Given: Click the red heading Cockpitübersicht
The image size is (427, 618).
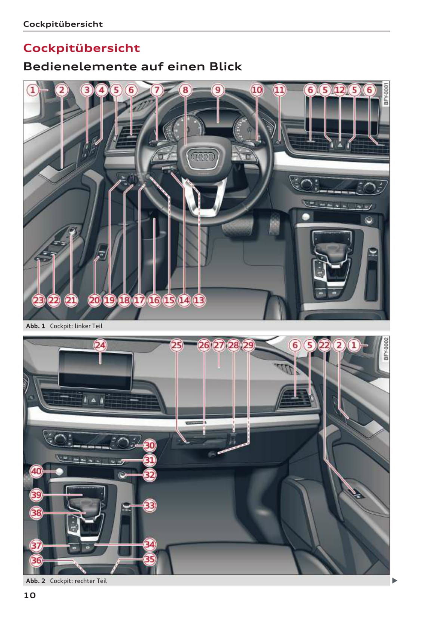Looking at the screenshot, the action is (x=82, y=48).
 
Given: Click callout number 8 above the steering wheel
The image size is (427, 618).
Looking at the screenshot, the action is (x=185, y=90).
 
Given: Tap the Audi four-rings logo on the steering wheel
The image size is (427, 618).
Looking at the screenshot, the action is (x=203, y=157).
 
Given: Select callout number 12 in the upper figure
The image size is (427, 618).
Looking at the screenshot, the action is (x=340, y=90).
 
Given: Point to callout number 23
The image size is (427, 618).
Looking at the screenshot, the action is (x=39, y=300).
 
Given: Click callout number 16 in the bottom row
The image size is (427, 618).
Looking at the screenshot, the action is (x=154, y=300).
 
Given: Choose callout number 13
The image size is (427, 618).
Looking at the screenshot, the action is (x=199, y=300).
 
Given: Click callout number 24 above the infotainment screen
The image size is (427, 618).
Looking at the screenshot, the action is (x=100, y=345).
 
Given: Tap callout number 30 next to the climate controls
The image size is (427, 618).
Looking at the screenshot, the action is (x=150, y=445).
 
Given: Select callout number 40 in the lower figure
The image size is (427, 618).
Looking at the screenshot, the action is (x=36, y=471).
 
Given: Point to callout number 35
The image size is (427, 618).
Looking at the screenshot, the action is (x=150, y=559).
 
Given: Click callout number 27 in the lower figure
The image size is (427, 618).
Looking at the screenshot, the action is (x=219, y=345).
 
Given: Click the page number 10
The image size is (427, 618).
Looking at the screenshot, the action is (x=30, y=595).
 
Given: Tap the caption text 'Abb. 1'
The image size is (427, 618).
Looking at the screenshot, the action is (x=35, y=326).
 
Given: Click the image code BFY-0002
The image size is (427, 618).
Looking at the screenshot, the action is (x=386, y=349).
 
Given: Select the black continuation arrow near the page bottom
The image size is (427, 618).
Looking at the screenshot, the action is (x=395, y=581).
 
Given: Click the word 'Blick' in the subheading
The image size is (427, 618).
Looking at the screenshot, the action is (x=225, y=67).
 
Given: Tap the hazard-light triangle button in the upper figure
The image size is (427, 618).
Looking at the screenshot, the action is (x=340, y=145).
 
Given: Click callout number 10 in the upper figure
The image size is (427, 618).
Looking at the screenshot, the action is (x=257, y=90).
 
